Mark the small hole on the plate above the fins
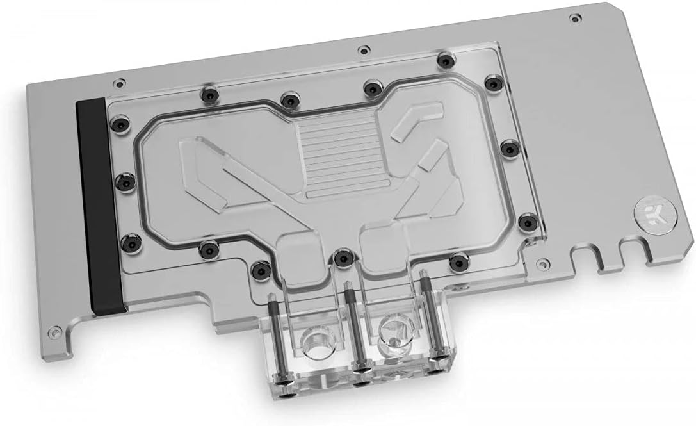tap(364, 49)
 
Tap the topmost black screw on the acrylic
tap(444, 61)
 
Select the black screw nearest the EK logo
tap(527, 222)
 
